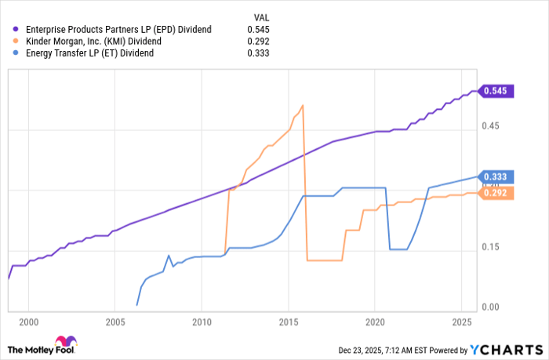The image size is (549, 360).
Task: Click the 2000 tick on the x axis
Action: (28, 322)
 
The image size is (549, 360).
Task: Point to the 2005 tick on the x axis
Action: (115, 322)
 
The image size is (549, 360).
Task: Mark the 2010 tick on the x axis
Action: (202, 322)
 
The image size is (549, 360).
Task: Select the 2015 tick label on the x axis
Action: (289, 322)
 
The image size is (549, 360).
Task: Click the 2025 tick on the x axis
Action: (462, 322)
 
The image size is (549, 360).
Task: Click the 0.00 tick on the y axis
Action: (489, 307)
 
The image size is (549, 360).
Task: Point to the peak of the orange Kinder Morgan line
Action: (303, 105)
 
